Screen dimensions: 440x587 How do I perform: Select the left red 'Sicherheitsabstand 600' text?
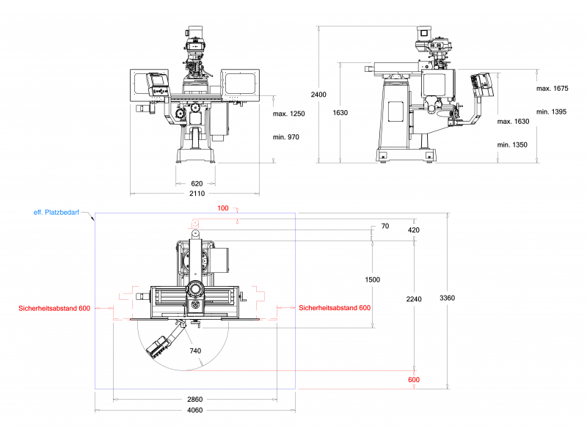click(x=54, y=309)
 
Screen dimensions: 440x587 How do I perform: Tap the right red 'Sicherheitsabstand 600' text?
click(x=335, y=308)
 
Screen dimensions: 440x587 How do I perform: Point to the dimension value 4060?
click(x=195, y=410)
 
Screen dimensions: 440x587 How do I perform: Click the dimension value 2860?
click(x=195, y=400)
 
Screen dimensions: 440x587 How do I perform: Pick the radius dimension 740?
click(x=195, y=351)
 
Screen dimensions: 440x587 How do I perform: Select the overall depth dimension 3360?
click(x=447, y=298)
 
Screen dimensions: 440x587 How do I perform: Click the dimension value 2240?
click(x=414, y=298)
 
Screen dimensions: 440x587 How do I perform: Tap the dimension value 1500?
click(x=373, y=280)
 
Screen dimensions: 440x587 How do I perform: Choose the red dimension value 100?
click(x=224, y=209)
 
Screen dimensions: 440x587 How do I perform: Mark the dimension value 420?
click(x=414, y=230)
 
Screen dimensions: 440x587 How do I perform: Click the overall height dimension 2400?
click(x=318, y=95)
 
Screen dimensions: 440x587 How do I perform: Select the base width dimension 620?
click(x=197, y=183)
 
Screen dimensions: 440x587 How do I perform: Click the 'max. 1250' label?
click(x=288, y=114)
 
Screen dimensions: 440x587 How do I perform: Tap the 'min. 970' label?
click(x=286, y=137)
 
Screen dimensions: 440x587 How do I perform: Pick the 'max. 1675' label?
click(x=553, y=88)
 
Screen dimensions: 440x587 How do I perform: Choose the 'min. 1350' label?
click(x=512, y=144)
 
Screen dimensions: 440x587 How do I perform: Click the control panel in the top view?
click(x=160, y=345)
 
